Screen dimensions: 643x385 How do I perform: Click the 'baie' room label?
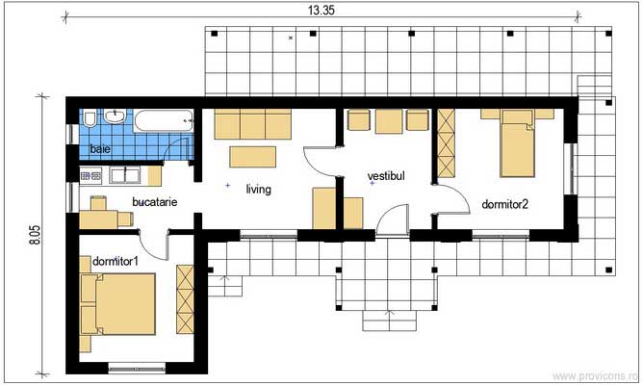(100, 149)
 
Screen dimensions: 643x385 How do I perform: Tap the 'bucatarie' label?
(155, 202)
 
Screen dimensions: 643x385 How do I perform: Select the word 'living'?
(258, 189)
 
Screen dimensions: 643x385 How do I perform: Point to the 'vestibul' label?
(386, 176)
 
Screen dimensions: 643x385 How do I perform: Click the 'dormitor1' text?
(116, 261)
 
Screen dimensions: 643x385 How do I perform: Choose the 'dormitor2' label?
(504, 204)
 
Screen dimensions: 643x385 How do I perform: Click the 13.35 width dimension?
(321, 11)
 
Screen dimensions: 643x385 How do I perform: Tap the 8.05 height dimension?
(36, 236)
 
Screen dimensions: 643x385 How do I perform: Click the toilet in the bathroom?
(90, 118)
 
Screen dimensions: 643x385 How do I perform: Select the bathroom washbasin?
(115, 116)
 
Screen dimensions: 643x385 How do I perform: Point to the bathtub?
(164, 120)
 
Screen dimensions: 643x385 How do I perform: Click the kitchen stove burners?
(90, 176)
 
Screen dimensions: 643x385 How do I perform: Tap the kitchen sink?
(125, 175)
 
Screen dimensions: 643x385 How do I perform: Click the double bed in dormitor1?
(118, 304)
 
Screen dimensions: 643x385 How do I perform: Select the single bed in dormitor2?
(518, 143)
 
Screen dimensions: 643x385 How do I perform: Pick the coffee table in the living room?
(252, 157)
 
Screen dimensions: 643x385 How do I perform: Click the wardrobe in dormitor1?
(185, 299)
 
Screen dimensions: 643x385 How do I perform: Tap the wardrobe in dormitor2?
(447, 143)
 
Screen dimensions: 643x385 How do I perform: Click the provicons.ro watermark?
(595, 376)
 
